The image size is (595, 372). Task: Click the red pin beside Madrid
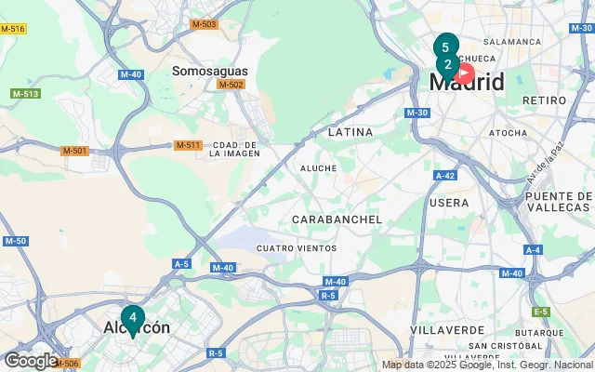pos(463,73)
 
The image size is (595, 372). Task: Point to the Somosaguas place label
pos(208,71)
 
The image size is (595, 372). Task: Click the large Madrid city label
pos(467,82)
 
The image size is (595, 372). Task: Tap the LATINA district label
pos(350,132)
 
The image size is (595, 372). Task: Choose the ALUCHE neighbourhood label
pos(318,168)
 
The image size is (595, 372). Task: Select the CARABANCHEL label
pos(337,219)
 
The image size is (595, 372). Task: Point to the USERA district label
pos(450,202)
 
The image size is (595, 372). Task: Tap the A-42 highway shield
pos(444,175)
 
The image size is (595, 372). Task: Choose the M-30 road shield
pos(416,113)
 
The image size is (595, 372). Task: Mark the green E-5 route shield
pos(541,312)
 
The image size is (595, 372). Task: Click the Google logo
pos(31,361)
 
